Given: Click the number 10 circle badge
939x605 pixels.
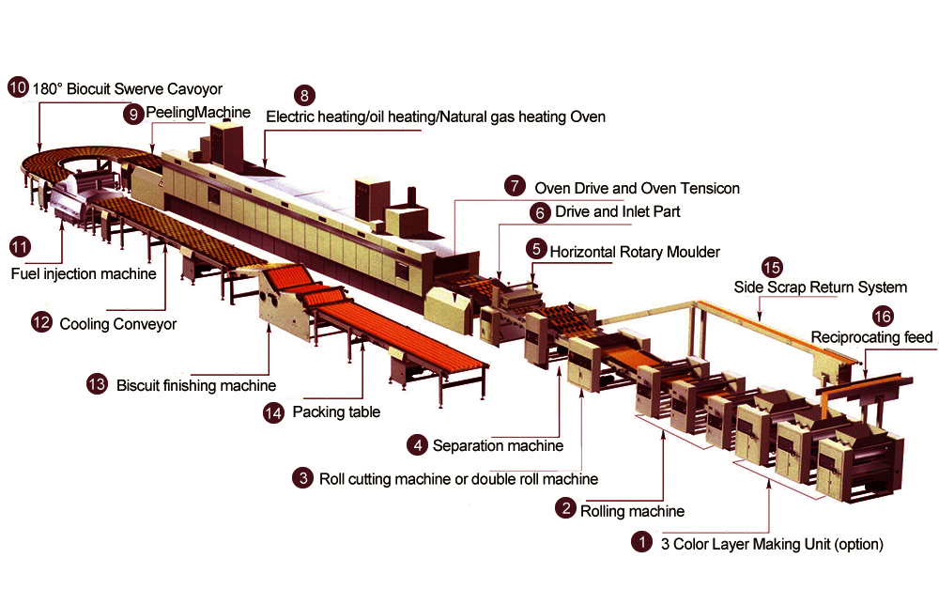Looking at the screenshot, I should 18,88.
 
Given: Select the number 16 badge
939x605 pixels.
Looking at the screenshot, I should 882,316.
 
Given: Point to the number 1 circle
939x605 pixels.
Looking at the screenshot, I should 640,542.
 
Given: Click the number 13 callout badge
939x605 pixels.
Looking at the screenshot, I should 96,383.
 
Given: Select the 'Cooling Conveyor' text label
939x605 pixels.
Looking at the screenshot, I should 118,324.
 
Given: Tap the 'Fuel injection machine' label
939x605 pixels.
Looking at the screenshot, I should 83,274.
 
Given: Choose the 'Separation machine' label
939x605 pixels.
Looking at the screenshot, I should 498,444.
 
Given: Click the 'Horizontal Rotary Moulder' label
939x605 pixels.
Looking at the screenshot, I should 635,252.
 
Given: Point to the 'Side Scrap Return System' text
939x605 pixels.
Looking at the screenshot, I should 821,287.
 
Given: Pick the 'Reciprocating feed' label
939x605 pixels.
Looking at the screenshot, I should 872,337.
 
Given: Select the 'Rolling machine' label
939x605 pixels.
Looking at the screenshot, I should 632,511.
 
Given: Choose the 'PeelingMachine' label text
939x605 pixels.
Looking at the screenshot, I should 198,112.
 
